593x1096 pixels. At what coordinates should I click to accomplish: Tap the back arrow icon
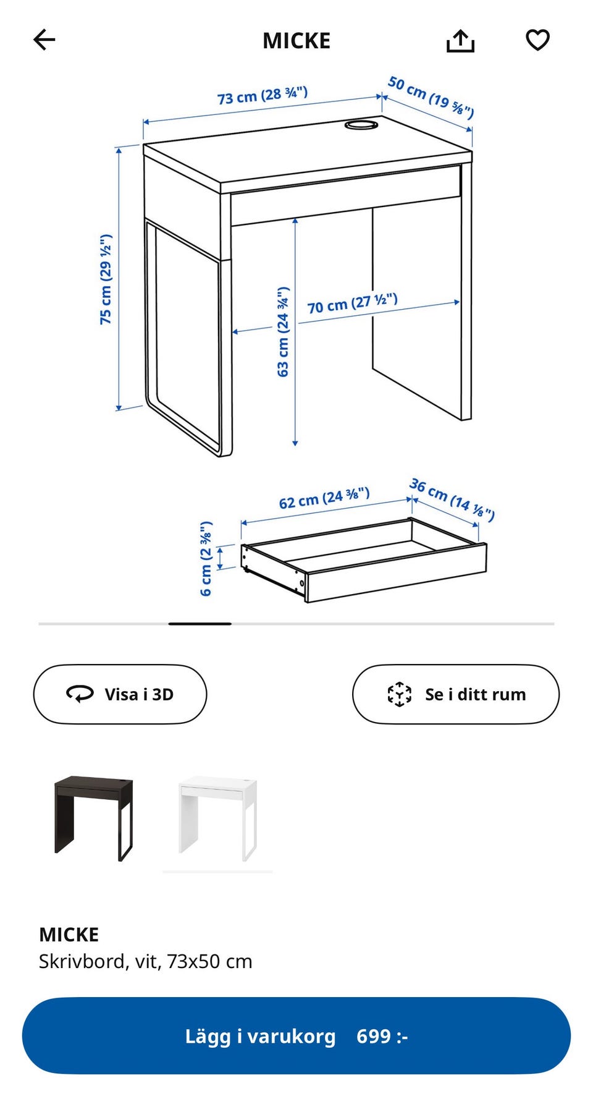tap(44, 40)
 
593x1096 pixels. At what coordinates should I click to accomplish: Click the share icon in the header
tap(460, 41)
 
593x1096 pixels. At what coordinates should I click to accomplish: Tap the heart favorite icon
tap(537, 40)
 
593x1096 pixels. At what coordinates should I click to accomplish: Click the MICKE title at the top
tap(296, 41)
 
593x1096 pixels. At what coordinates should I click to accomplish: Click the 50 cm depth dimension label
tap(431, 97)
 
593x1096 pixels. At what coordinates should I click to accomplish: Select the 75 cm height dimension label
tap(106, 279)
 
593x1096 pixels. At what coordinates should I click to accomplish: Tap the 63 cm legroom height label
tap(283, 331)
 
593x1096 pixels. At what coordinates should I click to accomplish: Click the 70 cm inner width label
tap(352, 304)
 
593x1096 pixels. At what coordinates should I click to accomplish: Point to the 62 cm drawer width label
tap(324, 498)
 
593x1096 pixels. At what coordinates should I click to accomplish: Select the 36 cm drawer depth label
tap(452, 499)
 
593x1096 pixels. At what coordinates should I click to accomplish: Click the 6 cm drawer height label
tap(206, 558)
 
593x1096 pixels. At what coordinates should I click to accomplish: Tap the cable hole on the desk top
tap(361, 125)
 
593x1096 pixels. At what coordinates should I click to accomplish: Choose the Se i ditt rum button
tap(456, 694)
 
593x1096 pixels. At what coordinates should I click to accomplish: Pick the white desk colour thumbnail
tap(217, 818)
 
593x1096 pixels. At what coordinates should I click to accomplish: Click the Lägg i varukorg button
tap(296, 1035)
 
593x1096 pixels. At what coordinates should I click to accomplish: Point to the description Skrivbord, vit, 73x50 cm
tap(146, 961)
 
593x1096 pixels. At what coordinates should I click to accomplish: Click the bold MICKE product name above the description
tap(69, 934)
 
